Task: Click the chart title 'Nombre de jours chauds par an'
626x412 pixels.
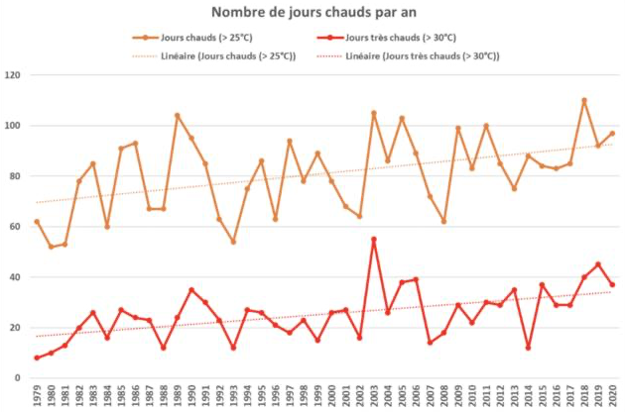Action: [313, 12]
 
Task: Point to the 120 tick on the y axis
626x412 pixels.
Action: [14, 75]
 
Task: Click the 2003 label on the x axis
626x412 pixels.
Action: [374, 396]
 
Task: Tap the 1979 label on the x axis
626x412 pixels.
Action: [37, 396]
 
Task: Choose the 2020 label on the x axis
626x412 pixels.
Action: [612, 396]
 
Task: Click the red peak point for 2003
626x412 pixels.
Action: [374, 239]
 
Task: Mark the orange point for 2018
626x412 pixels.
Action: [584, 100]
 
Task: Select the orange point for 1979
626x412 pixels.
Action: [37, 222]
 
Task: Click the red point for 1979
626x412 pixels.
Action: [37, 358]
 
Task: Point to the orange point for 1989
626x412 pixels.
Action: [178, 116]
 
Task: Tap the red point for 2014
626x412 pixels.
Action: [528, 348]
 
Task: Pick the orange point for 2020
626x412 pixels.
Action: [612, 133]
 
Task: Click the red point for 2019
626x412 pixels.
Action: [598, 264]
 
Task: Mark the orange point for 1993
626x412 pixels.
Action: [233, 242]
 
